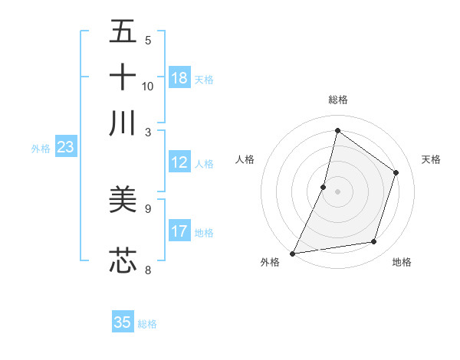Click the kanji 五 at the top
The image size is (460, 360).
point(123,32)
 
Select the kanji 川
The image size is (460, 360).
point(123,123)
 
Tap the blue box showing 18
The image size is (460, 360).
point(179,78)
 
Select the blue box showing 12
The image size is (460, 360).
point(179,162)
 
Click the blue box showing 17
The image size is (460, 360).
point(179,231)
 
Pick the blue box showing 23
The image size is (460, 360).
point(65,148)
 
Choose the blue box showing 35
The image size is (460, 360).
point(123,322)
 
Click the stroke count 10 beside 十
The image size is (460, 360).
point(148,86)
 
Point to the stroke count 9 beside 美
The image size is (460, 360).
point(148,208)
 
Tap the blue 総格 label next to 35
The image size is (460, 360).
point(147,324)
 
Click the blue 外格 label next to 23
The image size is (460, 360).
point(41,149)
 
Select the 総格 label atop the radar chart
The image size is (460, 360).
point(337,100)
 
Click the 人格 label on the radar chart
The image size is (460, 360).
point(245,159)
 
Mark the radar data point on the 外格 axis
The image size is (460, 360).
point(292,254)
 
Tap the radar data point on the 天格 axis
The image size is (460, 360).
point(396,172)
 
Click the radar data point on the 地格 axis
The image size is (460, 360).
point(374,242)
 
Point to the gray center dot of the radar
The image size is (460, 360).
point(337,191)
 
